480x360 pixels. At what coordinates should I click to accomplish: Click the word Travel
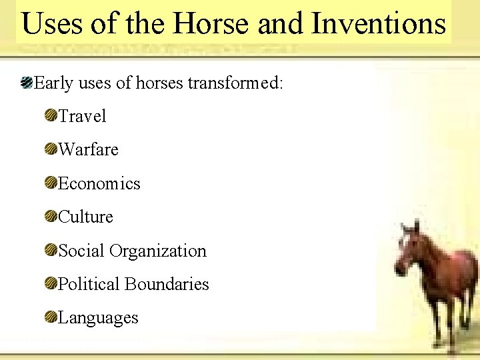(x=82, y=116)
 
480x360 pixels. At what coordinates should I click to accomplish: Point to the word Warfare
(x=88, y=149)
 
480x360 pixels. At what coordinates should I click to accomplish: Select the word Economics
(x=99, y=183)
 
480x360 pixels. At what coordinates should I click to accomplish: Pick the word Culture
(x=86, y=217)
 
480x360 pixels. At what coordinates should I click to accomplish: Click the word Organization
(x=158, y=251)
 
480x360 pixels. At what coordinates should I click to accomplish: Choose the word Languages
(x=98, y=317)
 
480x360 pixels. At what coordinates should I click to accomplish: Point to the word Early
(x=53, y=83)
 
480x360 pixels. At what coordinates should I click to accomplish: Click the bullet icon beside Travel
(x=51, y=116)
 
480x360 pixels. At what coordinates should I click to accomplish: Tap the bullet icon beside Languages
(x=51, y=317)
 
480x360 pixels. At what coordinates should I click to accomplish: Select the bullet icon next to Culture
(x=51, y=217)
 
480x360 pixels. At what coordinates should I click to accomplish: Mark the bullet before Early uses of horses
(x=26, y=83)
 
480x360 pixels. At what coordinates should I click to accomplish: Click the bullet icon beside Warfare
(x=51, y=149)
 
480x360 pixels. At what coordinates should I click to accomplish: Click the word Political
(x=89, y=284)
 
